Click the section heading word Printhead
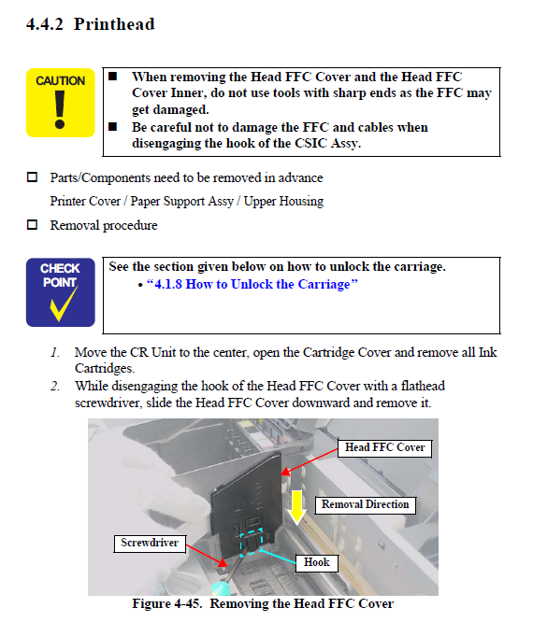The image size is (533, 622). [114, 24]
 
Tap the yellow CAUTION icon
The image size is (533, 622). [61, 103]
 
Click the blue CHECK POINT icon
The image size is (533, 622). [61, 292]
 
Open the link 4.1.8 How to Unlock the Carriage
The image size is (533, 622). [252, 285]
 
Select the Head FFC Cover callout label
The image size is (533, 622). [384, 448]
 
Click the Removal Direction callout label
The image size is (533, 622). [365, 504]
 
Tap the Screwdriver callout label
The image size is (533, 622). [150, 543]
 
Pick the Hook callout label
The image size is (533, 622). [317, 562]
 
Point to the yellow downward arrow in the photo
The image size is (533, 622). [296, 507]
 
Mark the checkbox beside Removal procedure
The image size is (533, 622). [32, 225]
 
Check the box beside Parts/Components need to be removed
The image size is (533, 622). [32, 177]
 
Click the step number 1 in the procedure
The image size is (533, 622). [55, 352]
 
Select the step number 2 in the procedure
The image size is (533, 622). [55, 386]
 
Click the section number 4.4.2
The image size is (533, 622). [45, 24]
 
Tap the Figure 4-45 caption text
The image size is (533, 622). [263, 603]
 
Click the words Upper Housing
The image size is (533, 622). [283, 202]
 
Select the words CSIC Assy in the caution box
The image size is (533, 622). [327, 143]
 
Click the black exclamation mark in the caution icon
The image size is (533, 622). [60, 110]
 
